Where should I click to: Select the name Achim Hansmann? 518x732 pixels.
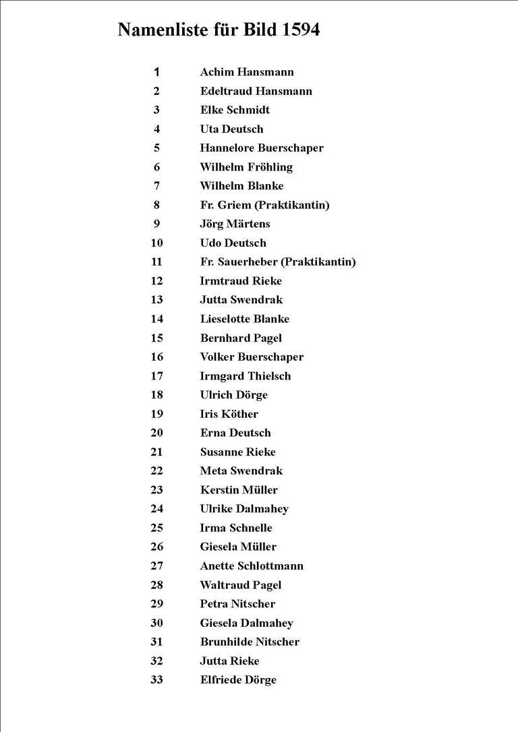pos(247,72)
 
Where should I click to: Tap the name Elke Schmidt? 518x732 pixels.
pos(235,110)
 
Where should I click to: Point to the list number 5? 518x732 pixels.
pos(156,148)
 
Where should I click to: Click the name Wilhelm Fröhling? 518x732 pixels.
pos(246,166)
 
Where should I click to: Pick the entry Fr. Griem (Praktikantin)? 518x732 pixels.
pos(264,205)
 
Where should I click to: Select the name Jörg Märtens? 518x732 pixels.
pos(235,224)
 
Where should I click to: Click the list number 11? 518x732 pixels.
pos(156,262)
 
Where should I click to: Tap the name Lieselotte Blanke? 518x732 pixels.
pos(244,319)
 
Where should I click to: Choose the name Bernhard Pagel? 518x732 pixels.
pos(241,338)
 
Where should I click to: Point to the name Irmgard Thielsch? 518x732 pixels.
pos(246,375)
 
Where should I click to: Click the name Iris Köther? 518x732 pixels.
pos(229,414)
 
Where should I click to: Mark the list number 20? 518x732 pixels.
pos(156,433)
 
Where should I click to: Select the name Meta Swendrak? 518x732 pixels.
pos(241,470)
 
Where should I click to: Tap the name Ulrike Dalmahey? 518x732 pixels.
pos(244,509)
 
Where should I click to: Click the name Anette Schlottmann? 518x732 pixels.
pos(252,566)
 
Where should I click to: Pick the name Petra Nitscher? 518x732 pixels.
pos(237,603)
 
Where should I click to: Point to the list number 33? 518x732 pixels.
pos(156,679)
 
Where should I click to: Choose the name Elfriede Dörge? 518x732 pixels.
pos(238,679)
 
